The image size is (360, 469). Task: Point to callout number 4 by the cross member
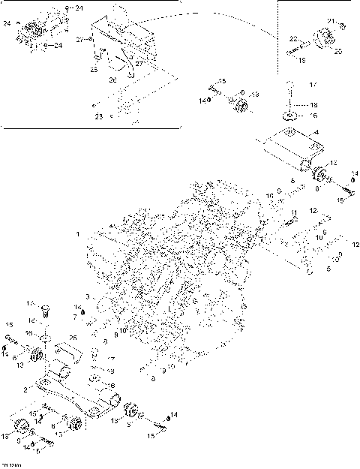click(316, 133)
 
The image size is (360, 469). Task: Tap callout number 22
click(295, 38)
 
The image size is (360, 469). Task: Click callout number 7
click(75, 318)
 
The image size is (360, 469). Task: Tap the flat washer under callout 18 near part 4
click(289, 116)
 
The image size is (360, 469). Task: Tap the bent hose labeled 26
click(129, 66)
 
